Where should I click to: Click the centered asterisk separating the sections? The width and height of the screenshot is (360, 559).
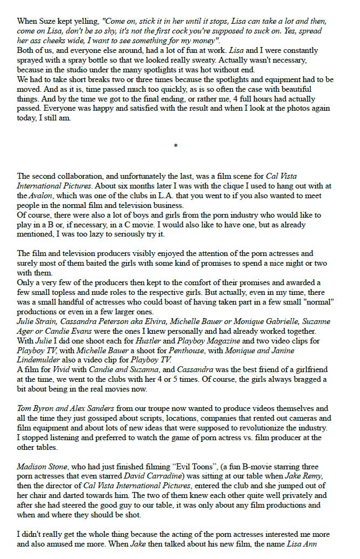tap(176, 146)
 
